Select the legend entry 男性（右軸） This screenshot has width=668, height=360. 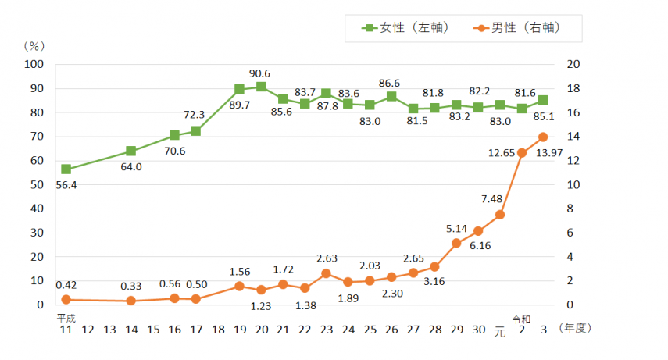click(516, 28)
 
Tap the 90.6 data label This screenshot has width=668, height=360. click(260, 73)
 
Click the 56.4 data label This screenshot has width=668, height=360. click(66, 186)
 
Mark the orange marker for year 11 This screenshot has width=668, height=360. click(66, 300)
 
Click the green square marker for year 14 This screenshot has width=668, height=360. click(131, 151)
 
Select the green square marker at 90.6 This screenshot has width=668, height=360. click(261, 87)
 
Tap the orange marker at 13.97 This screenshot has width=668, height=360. click(543, 137)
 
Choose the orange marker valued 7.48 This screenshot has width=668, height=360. click(500, 215)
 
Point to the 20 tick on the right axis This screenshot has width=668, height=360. click(572, 65)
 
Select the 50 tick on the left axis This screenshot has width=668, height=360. click(37, 185)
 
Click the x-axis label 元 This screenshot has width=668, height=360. click(500, 331)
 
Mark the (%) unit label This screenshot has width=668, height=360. click(35, 46)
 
